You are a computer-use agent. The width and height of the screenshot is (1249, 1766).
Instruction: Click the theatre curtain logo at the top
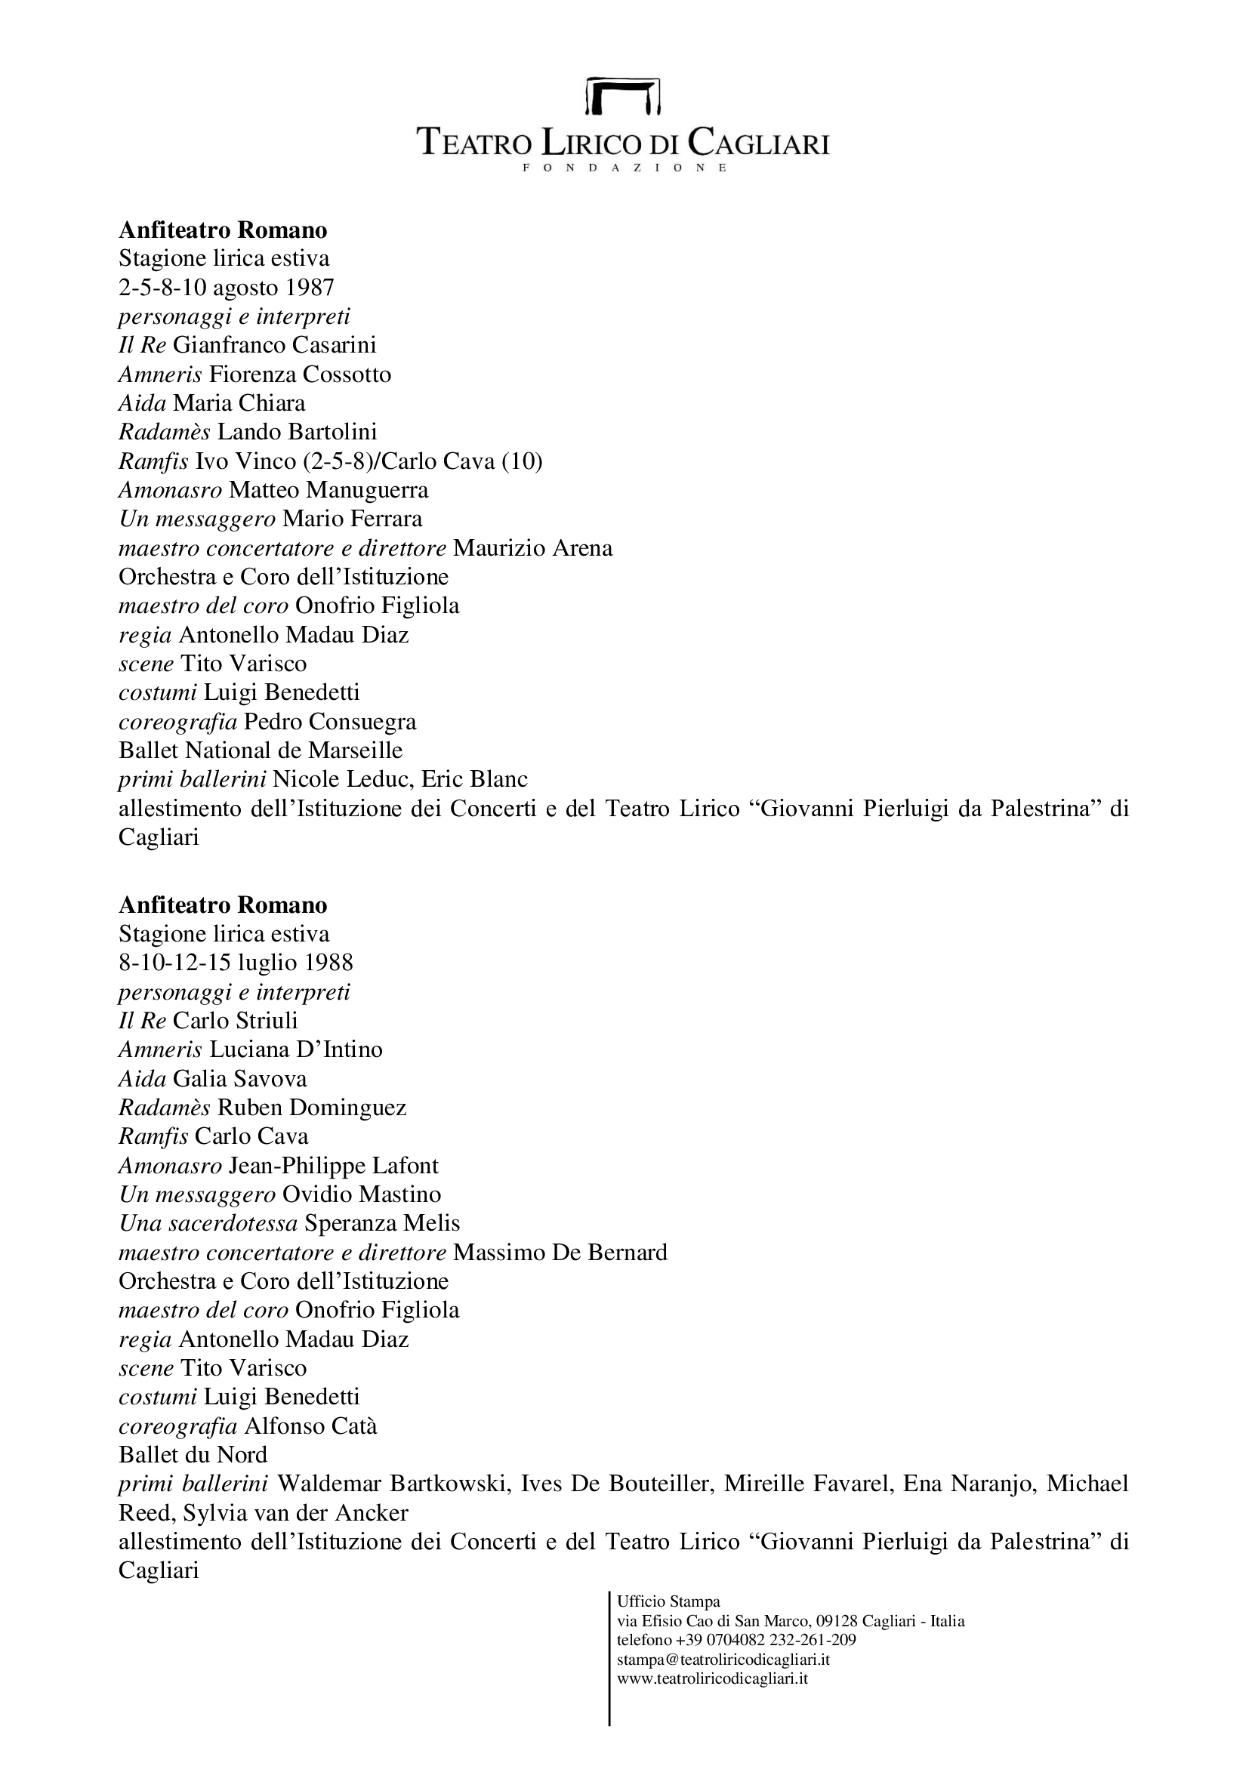623,95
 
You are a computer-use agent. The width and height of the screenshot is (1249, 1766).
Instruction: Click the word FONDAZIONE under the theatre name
624,168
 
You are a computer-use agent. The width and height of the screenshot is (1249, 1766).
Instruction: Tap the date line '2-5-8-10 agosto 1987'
226,288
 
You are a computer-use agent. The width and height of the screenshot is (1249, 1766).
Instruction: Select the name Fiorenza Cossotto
300,374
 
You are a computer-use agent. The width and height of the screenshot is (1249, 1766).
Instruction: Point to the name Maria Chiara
239,403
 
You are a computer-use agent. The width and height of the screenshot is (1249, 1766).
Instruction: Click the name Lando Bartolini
297,433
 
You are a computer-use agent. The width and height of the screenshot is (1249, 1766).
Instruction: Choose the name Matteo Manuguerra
328,490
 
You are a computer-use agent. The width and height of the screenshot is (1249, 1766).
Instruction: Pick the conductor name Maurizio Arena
533,548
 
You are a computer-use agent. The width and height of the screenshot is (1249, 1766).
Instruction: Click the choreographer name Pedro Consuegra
330,722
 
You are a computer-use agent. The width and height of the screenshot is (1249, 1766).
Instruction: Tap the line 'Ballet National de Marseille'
260,750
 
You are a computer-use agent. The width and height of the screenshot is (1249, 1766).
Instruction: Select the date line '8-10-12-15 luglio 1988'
236,963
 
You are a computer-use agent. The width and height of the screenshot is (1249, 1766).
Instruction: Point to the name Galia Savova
240,1079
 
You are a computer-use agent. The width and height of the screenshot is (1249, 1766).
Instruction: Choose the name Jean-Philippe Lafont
334,1166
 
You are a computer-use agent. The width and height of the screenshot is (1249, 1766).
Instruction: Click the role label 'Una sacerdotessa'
208,1224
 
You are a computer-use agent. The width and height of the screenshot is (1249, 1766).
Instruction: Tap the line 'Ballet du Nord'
193,1455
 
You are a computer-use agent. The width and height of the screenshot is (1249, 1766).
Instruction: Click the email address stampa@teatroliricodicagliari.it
723,1660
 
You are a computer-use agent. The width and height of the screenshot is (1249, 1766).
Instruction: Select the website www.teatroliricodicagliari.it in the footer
712,1678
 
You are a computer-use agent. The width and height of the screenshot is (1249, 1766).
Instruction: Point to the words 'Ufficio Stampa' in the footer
668,1602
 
